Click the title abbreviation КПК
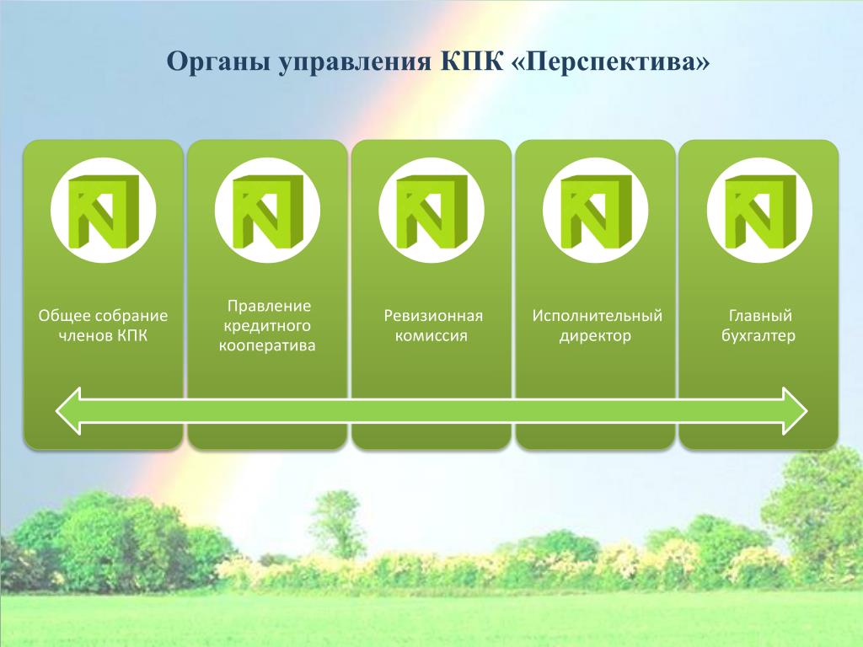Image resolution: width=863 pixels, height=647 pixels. coord(472,61)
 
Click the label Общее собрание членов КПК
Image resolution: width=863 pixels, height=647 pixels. coord(103,326)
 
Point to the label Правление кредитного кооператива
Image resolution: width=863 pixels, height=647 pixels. coord(267,325)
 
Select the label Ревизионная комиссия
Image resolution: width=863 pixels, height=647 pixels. coord(432,326)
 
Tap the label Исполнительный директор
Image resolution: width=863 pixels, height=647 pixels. coord(597,326)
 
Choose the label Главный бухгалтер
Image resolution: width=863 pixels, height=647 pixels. coord(759,326)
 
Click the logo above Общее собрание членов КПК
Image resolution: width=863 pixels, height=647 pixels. coord(104,210)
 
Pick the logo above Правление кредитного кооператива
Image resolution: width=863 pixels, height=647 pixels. coord(267,210)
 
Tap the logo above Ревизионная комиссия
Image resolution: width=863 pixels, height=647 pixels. coord(431,210)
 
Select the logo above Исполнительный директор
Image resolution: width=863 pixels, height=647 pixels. coord(596,210)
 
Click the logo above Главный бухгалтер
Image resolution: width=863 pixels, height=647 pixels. coord(759,210)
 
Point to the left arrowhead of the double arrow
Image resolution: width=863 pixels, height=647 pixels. coord(68,411)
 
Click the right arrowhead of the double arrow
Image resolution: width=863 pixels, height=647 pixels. coord(795,411)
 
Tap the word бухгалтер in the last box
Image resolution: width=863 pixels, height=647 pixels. coord(759,335)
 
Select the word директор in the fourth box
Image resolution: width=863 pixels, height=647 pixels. coord(596,336)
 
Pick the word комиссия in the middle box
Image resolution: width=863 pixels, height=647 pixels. coord(431,335)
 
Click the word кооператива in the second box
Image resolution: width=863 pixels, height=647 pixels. coord(267,346)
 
